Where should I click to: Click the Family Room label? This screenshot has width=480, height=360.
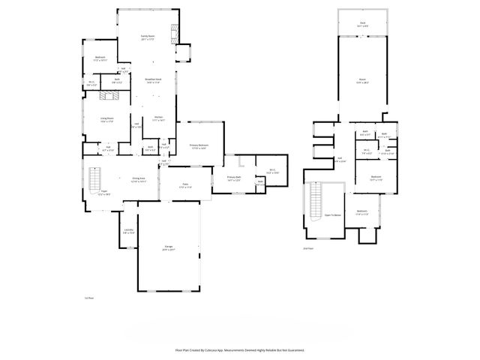[x=147, y=37]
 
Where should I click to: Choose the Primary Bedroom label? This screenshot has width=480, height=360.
[x=199, y=146]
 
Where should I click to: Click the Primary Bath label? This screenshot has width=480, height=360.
[x=233, y=178]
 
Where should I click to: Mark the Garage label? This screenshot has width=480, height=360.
[x=169, y=247]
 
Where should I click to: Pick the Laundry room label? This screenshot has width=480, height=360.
[x=128, y=231]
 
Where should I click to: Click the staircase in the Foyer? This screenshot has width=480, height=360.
[x=94, y=180]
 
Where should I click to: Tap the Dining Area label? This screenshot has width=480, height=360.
[x=138, y=180]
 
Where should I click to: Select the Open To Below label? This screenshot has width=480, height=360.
[x=333, y=214]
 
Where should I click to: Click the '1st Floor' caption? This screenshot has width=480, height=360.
[x=88, y=298]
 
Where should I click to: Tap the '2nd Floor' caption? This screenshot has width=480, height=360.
[x=307, y=247]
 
